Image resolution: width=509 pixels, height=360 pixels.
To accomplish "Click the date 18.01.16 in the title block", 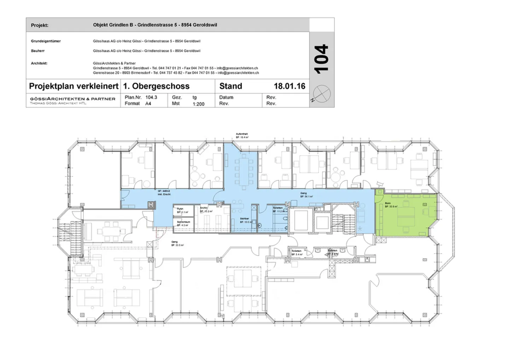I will coord(289,86).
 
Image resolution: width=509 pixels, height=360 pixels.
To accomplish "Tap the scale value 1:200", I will coord(198,104).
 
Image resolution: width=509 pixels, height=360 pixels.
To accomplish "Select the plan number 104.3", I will coord(151,97).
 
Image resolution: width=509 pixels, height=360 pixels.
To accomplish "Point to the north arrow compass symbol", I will coord(322,94).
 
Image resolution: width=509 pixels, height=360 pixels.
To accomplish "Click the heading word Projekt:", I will coord(40,25).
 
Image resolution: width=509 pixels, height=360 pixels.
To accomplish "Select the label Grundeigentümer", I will coord(46,41).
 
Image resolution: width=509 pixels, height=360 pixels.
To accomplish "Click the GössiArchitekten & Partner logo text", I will coord(72,99).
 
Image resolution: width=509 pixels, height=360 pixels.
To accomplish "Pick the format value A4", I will coord(148,104).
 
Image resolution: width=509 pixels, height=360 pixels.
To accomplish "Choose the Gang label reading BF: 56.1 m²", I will coord(306,194).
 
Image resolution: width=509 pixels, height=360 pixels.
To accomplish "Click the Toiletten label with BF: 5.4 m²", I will coord(297,252).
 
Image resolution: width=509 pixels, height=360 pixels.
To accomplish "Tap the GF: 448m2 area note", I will coord(164,192).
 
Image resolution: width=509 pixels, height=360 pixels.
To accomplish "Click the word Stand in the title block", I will coord(230,86).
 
